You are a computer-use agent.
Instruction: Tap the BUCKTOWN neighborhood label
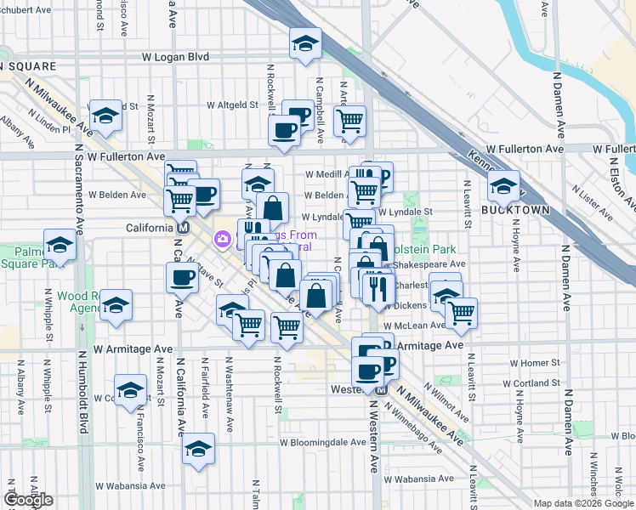[510, 209]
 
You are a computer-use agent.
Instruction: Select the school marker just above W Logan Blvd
[305, 43]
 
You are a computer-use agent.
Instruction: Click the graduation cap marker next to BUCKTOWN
[504, 184]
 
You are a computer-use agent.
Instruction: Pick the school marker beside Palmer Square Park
[60, 246]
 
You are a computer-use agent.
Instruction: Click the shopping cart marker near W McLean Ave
[461, 312]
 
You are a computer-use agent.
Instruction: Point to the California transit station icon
[182, 229]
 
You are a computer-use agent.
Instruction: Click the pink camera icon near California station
[223, 240]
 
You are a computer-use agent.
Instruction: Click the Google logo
[28, 500]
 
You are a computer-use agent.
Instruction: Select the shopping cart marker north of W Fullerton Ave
[349, 121]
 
